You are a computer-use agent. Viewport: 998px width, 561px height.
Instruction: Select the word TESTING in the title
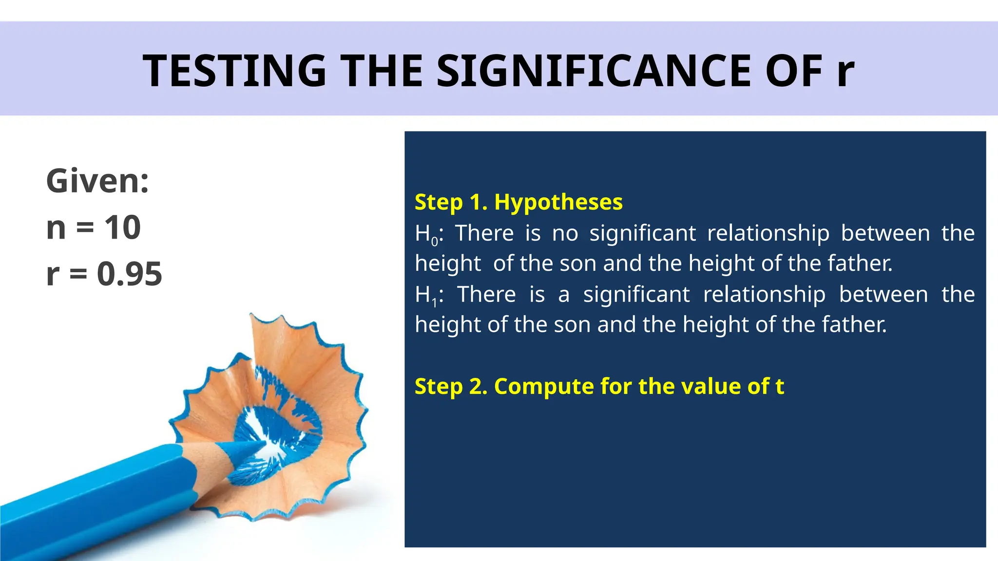tap(234, 71)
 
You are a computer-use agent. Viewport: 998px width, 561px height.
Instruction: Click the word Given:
tap(97, 181)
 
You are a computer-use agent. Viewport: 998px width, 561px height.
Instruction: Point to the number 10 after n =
tap(123, 227)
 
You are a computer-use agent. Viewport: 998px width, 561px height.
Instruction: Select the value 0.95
tap(129, 274)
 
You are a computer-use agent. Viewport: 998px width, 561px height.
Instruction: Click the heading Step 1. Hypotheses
tap(518, 202)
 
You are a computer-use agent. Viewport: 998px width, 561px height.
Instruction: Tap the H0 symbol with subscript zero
tap(427, 234)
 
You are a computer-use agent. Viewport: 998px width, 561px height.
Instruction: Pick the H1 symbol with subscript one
tap(427, 296)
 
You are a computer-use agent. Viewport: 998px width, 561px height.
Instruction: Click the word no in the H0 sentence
tap(565, 233)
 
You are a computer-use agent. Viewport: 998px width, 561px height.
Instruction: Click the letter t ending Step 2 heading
tap(780, 386)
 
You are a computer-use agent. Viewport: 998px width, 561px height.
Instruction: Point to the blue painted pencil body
tap(97, 502)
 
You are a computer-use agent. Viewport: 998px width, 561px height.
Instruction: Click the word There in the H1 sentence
tap(486, 295)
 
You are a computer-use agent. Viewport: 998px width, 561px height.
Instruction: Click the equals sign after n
tap(85, 228)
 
